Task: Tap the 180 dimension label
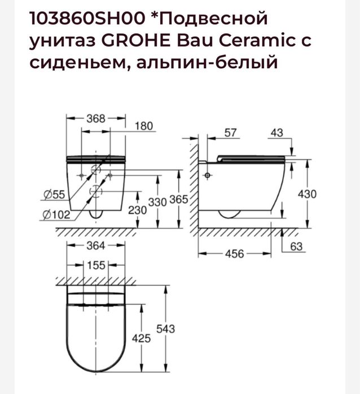point(144,126)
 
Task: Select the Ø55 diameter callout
point(52,195)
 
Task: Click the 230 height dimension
point(138,209)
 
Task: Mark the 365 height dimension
point(179,200)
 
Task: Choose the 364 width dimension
point(96,245)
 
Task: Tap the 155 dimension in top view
point(96,265)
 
